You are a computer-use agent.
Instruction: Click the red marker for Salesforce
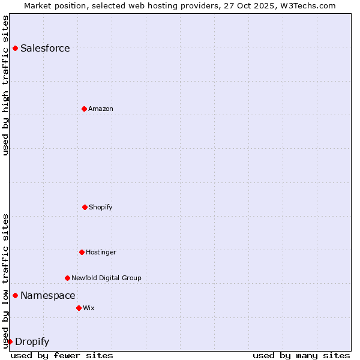point(15,48)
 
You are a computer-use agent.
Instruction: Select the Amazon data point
point(84,109)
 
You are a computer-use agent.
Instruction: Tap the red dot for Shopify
point(85,207)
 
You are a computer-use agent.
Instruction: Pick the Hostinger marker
point(82,252)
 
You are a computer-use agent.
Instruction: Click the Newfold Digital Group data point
point(67,278)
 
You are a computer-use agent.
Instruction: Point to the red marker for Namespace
point(15,295)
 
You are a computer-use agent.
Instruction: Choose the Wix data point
point(79,308)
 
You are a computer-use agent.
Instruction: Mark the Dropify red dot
point(10,341)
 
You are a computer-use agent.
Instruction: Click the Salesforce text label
point(45,49)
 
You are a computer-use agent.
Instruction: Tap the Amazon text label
point(101,109)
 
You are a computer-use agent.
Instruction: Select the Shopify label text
point(101,207)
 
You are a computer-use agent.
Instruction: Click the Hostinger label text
point(101,252)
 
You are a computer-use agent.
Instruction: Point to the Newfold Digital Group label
point(107,278)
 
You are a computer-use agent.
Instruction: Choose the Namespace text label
point(48,295)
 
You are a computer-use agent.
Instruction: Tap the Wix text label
point(89,308)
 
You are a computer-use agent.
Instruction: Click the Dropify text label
point(32,342)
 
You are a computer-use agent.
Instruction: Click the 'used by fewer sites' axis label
point(62,355)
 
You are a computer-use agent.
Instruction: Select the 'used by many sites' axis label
point(301,355)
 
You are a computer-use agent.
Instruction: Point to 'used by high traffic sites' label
point(5,85)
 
